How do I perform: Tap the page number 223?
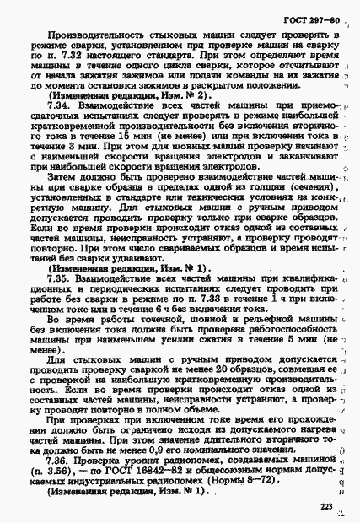(x=326, y=506)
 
